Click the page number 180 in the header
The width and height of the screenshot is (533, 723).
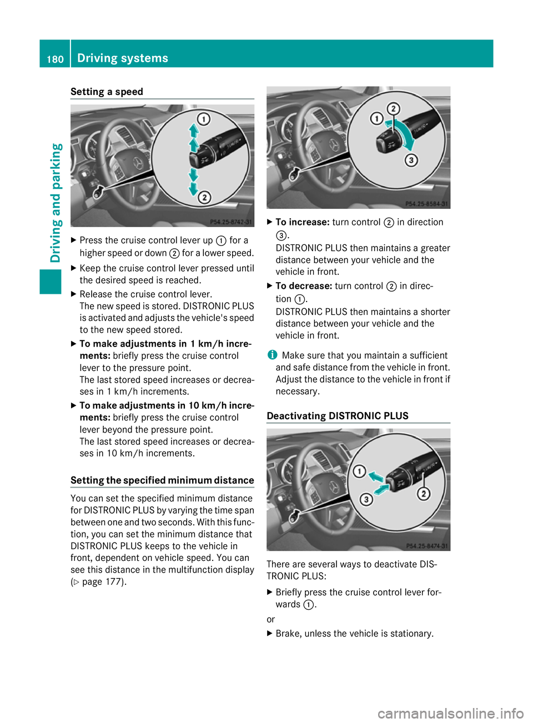(55, 59)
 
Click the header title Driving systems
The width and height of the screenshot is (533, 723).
(123, 58)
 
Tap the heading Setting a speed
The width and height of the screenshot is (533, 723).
(107, 92)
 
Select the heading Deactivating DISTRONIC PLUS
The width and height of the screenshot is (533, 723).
(338, 416)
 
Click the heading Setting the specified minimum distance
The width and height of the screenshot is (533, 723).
(162, 480)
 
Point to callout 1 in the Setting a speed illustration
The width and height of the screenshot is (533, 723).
(204, 119)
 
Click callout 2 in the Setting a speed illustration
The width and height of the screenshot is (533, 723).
(204, 197)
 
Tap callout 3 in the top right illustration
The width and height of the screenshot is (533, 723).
(411, 160)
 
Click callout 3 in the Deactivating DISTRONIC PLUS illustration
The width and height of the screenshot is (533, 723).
(366, 499)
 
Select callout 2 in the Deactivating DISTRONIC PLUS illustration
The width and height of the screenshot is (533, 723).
(424, 493)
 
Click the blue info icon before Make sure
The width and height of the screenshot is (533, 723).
(271, 355)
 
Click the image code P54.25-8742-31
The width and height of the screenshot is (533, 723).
(231, 222)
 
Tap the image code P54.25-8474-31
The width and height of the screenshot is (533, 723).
(427, 546)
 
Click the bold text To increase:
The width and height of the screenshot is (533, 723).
(303, 222)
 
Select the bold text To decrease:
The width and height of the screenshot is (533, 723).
(304, 286)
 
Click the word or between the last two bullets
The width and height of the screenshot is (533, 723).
(271, 619)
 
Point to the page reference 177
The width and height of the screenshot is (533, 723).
(113, 582)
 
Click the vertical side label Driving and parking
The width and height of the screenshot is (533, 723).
(56, 203)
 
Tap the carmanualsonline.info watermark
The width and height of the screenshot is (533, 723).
(450, 713)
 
